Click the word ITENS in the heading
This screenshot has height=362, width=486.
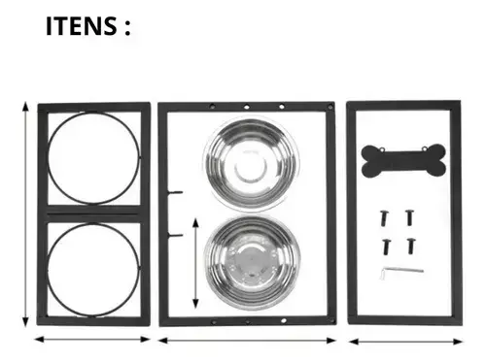click(82, 26)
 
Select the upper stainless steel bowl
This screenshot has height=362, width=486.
click(250, 164)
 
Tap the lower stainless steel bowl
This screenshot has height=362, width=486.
click(252, 263)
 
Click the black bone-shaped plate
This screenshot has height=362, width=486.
click(403, 161)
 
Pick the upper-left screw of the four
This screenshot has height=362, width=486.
click(385, 217)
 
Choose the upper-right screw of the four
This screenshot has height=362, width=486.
click(410, 217)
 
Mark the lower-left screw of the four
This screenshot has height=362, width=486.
click(387, 247)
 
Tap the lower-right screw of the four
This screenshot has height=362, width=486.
click(411, 247)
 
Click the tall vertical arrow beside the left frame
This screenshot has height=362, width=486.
click(25, 214)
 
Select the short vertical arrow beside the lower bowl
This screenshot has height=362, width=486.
click(195, 264)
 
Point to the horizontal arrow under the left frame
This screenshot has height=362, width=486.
click(92, 340)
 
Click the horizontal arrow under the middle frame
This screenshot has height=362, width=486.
click(247, 341)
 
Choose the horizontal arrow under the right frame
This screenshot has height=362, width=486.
click(405, 342)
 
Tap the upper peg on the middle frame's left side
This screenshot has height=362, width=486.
click(175, 192)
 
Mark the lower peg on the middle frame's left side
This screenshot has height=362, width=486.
click(175, 235)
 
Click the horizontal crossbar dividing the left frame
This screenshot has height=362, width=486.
click(94, 214)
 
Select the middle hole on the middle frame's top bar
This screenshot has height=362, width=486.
click(247, 106)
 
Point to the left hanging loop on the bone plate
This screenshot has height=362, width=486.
click(382, 149)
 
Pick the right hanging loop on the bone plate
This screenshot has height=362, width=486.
click(425, 148)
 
